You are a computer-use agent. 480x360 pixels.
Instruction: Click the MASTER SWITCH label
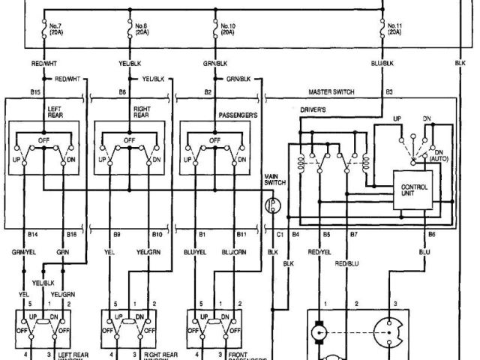(331, 92)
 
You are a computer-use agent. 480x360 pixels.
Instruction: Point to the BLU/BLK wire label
(382, 64)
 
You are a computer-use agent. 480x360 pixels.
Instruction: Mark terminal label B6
(431, 235)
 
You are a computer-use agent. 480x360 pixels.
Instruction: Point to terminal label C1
(280, 235)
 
